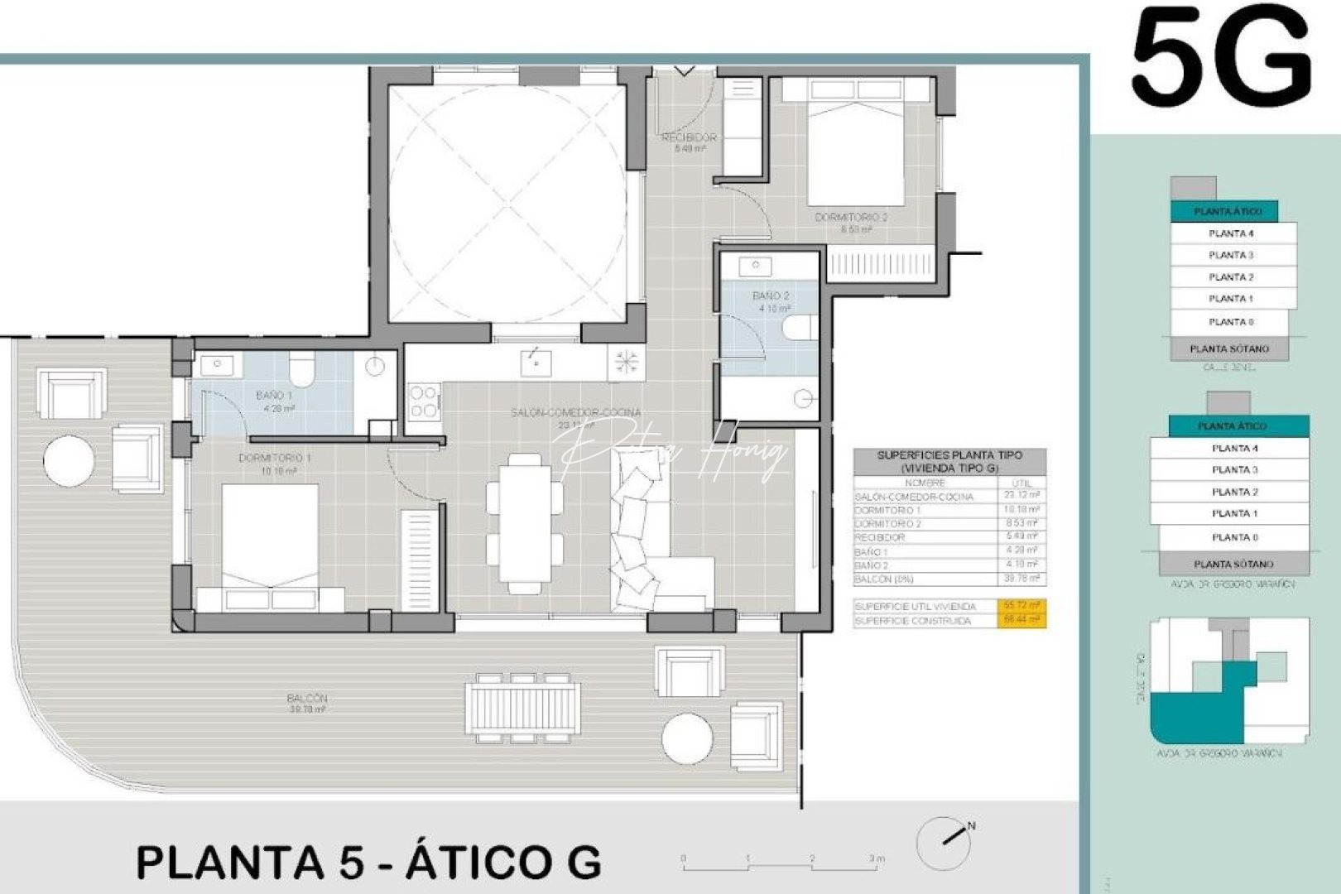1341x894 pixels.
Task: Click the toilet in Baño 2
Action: point(796,328)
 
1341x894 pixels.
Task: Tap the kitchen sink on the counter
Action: point(536,362)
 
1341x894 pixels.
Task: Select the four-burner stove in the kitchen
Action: point(424,401)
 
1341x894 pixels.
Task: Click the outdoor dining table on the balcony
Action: point(522,708)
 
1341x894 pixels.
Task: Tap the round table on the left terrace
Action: point(68,461)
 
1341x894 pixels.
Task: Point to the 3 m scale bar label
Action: point(877,858)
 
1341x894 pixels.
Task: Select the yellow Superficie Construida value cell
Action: point(1022,620)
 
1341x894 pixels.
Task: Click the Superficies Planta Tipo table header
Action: point(949,461)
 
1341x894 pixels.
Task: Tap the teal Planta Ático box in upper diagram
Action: point(1224,211)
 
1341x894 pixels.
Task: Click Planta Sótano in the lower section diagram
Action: point(1233,564)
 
